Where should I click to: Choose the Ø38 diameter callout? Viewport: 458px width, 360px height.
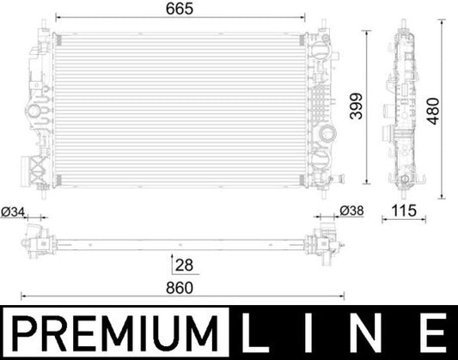(351, 211)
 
